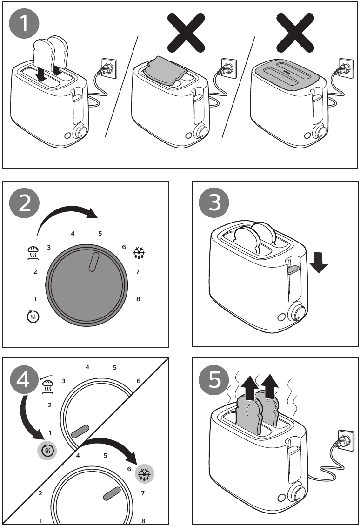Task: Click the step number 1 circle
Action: (x=25, y=27)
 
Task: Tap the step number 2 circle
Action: (x=25, y=204)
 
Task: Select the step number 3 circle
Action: (x=214, y=204)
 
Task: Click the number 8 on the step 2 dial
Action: (x=138, y=299)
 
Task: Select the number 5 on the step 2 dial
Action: (x=100, y=233)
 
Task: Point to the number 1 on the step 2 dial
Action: (x=35, y=298)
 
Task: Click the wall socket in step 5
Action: (x=345, y=437)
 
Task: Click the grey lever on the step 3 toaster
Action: (x=293, y=269)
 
